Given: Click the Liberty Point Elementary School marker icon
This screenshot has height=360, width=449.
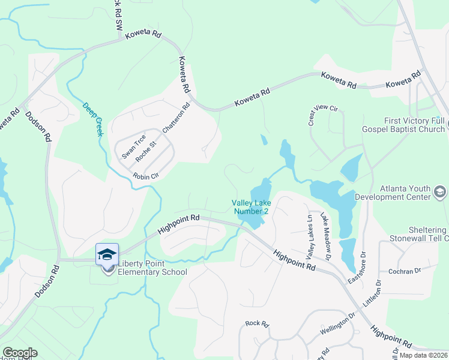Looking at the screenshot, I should pos(107,254).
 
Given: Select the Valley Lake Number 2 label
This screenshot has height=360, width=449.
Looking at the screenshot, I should pos(250,207).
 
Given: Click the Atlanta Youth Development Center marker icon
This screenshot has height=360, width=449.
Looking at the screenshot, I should pos(440,192).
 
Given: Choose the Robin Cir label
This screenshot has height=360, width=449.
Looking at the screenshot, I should pos(145,176).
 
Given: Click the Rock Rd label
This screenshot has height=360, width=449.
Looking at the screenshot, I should pos(257,323).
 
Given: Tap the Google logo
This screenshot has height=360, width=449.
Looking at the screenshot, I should pos(20,353).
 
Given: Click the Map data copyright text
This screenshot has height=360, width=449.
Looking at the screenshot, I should pos(423,355).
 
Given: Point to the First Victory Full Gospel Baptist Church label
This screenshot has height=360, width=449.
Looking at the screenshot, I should pos(403,125).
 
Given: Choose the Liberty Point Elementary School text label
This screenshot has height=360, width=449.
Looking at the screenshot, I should pos(152,268).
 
